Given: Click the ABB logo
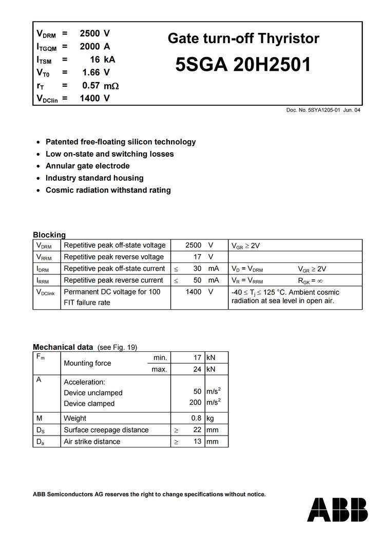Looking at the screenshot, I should coord(337,509).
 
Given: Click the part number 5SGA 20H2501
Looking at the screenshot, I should coord(243,65).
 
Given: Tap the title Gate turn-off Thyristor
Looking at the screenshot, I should coord(243,39).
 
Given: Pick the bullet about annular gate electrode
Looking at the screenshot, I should coord(87,166).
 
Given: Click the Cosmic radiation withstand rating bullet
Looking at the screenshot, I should coord(108,190).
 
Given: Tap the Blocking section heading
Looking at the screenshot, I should coord(49,235).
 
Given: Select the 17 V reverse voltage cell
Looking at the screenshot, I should coord(197,257).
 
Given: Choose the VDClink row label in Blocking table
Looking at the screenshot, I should coord(45,292).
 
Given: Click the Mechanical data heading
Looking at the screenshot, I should coord(63,347).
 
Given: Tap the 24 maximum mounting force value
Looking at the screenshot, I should coord(197,369).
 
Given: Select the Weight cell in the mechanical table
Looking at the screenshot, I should coord(75,418).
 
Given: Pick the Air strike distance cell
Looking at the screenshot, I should coord(92,442).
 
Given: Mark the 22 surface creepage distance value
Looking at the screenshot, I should coord(197,430).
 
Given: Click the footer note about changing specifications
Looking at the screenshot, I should coord(149,494).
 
